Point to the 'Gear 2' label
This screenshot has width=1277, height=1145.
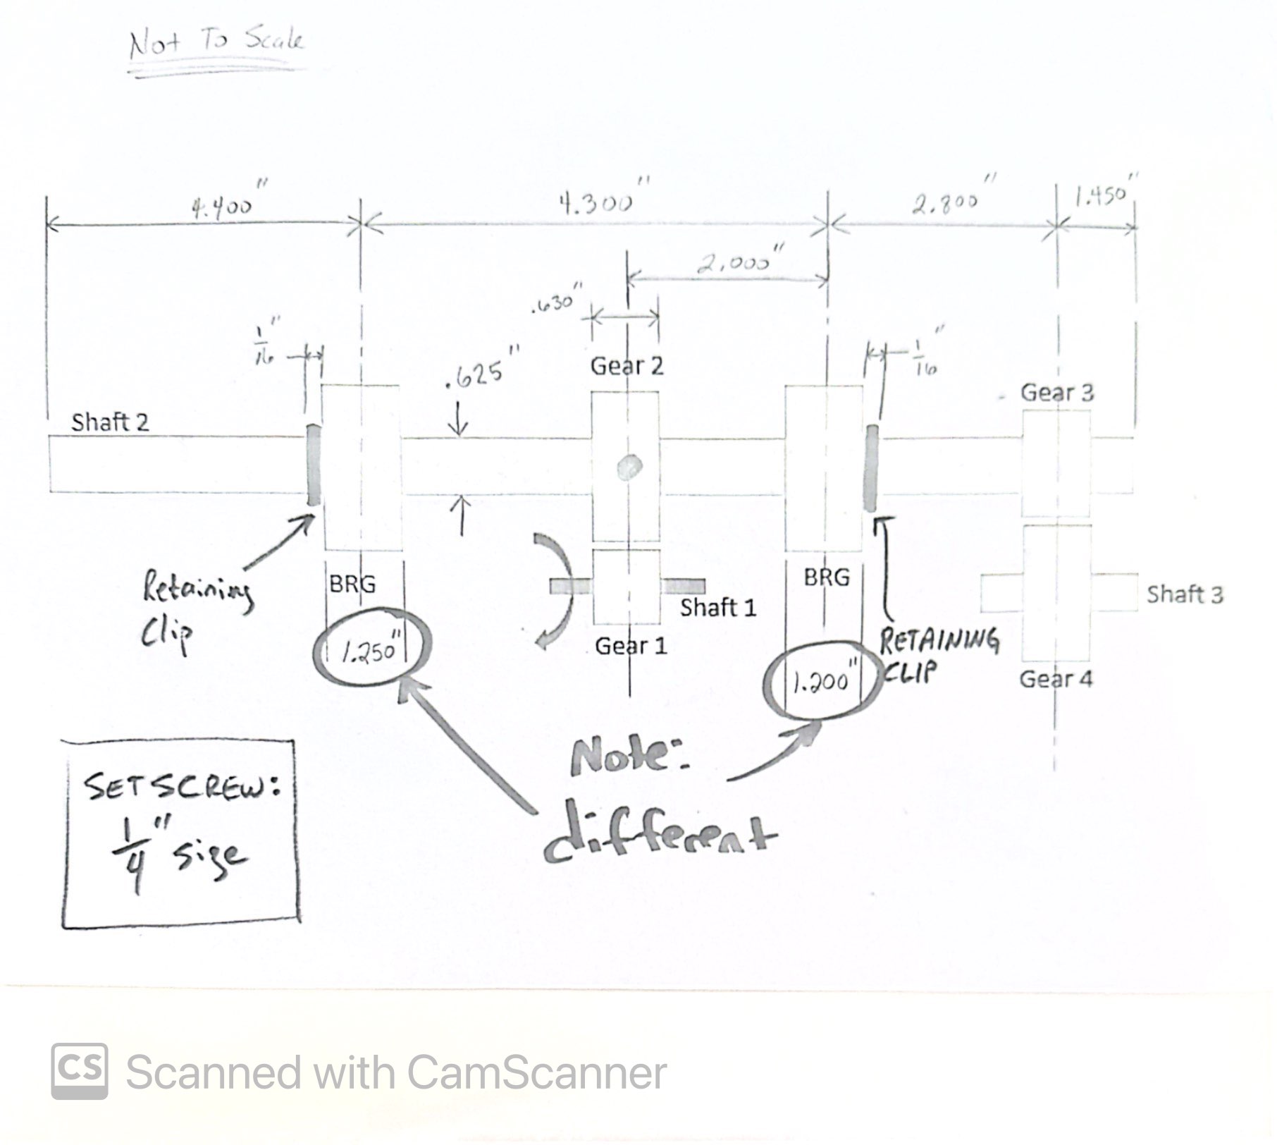[x=627, y=365]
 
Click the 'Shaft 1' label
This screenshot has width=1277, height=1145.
[x=717, y=608]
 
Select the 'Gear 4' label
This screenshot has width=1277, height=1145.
[x=1055, y=679]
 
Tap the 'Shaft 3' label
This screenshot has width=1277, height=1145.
[x=1184, y=594]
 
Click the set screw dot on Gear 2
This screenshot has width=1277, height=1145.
[x=628, y=467]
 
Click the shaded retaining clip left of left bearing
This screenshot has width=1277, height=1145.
[x=314, y=465]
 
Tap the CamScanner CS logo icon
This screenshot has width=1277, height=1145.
[x=80, y=1071]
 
